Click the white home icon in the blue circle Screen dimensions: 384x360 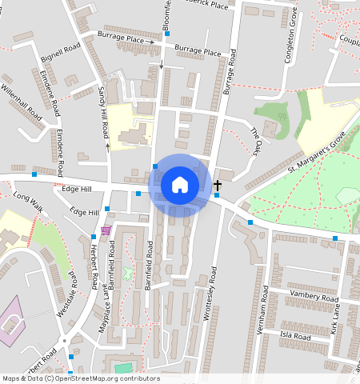click(180, 185)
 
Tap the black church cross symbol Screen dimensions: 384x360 click(218, 185)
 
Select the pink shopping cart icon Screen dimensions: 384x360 click(106, 230)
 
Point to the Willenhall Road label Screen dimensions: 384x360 click(22, 102)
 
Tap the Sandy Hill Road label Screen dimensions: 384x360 click(102, 112)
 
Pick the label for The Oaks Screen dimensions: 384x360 click(255, 140)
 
